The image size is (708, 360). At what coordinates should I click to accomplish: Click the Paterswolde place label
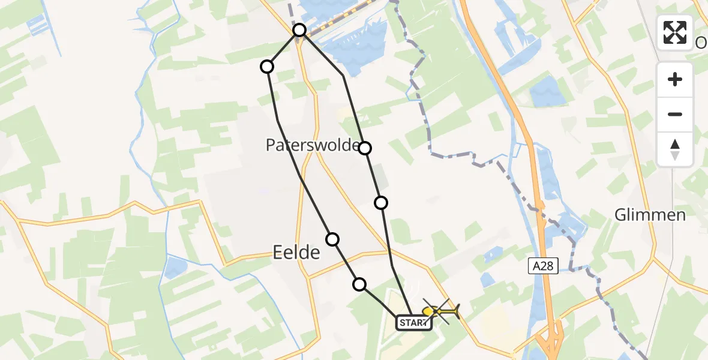click(313, 145)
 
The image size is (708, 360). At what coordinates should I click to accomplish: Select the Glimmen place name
click(650, 215)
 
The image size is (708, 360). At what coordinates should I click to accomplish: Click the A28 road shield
click(543, 265)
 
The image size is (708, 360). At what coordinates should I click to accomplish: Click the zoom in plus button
click(675, 80)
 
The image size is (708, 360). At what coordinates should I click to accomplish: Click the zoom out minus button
click(675, 115)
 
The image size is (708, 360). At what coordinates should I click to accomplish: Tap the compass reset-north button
click(675, 149)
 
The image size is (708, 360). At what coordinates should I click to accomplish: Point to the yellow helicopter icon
click(441, 311)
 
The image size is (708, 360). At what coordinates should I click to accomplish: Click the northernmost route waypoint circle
click(299, 30)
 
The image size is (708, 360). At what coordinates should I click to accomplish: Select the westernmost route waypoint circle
click(267, 67)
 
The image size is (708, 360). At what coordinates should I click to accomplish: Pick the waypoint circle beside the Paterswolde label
click(365, 148)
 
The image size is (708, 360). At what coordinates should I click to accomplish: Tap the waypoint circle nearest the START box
click(359, 284)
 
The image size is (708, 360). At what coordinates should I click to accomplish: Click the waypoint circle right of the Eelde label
click(332, 239)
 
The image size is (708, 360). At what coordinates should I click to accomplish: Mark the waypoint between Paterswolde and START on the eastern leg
click(381, 203)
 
